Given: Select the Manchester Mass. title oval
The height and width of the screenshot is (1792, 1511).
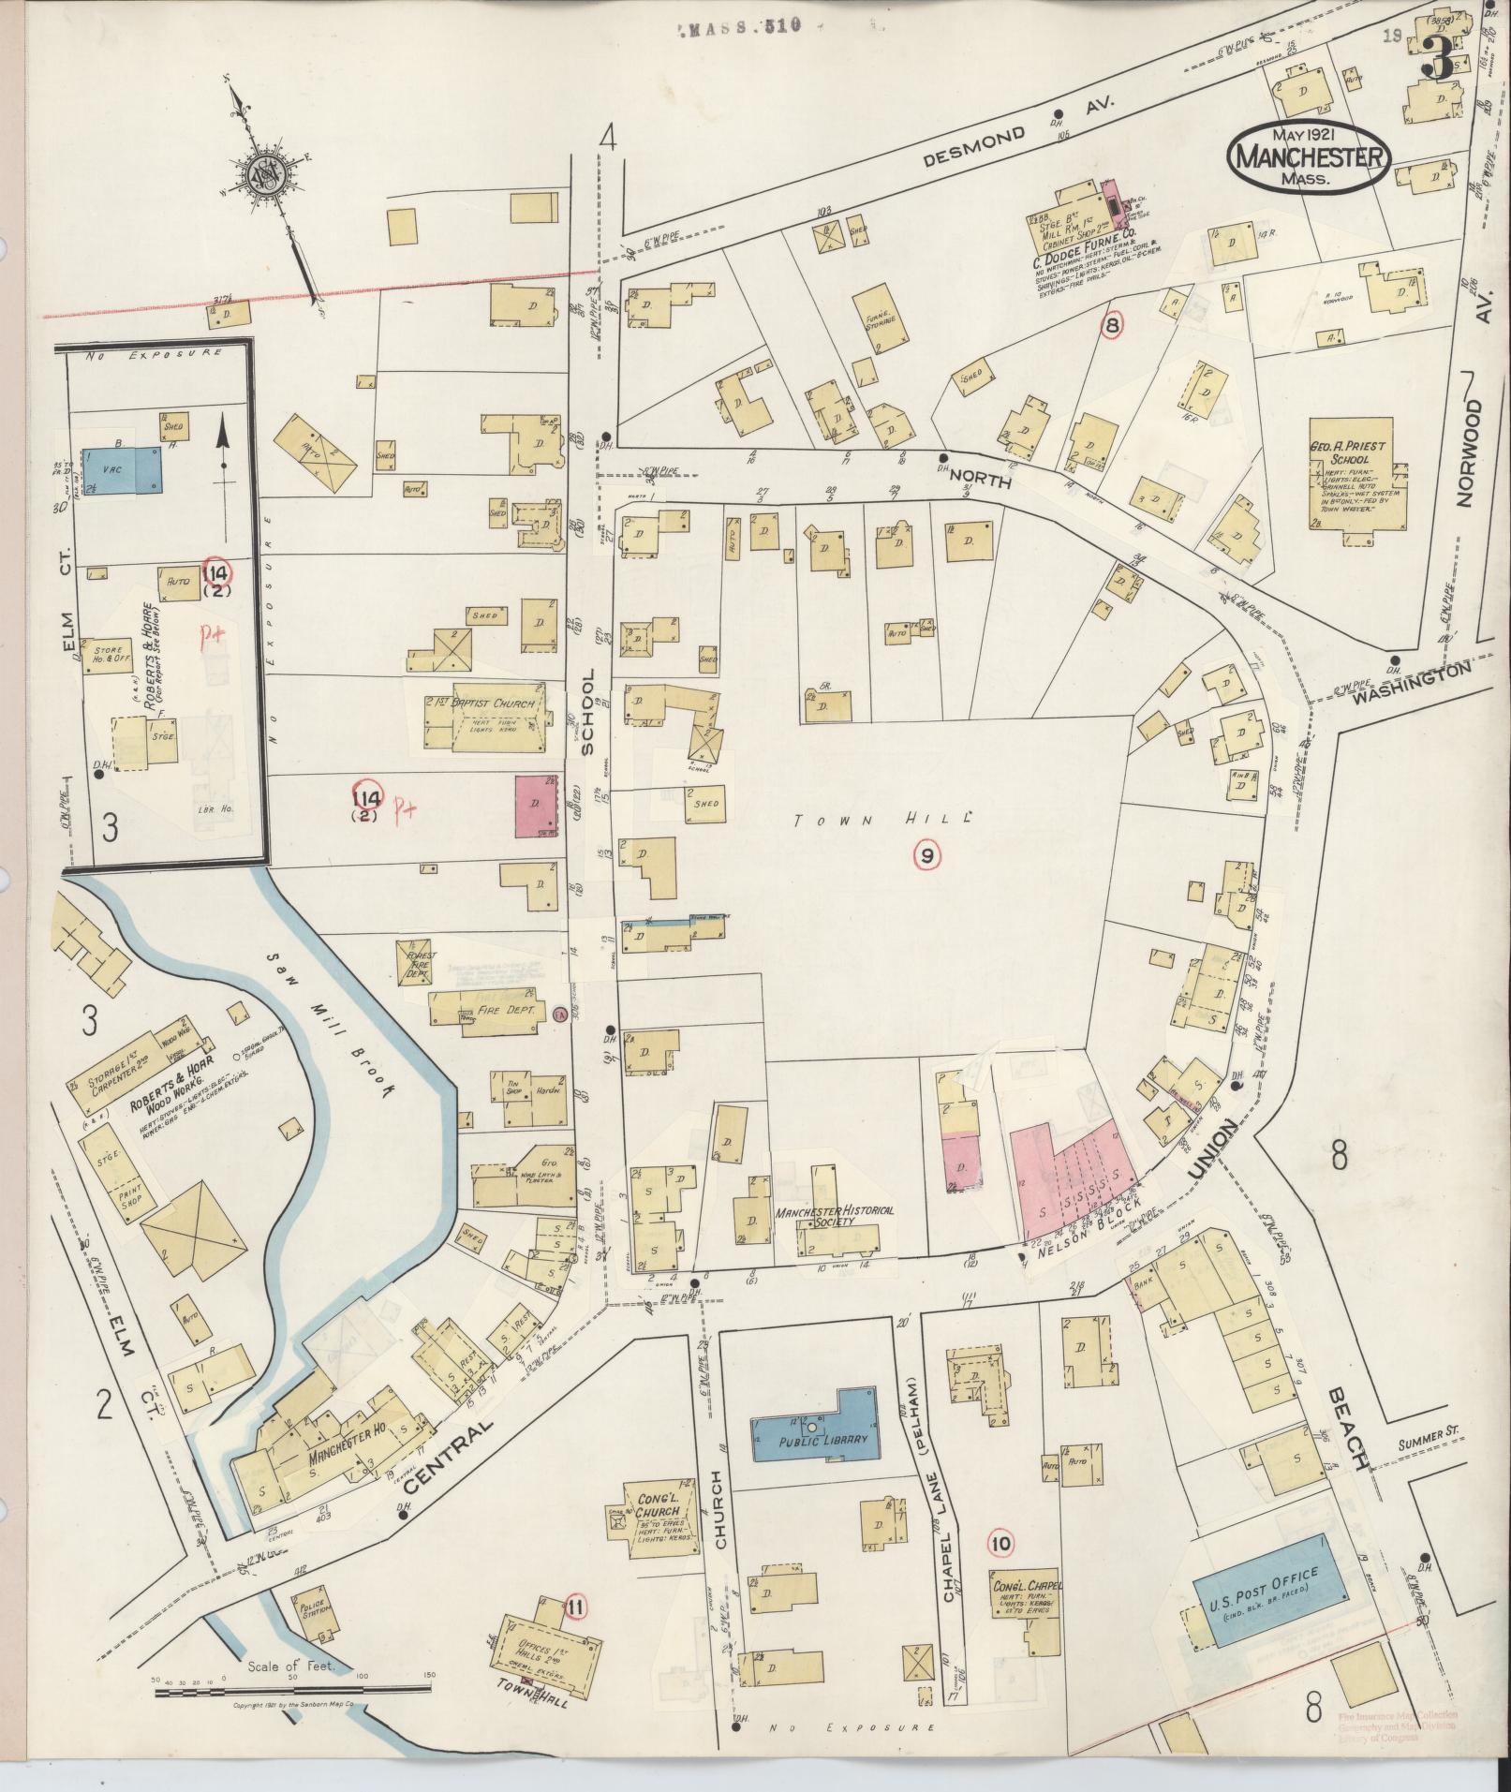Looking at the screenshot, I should pos(1309,156).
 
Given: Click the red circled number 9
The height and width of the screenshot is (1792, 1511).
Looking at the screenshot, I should pos(926,854).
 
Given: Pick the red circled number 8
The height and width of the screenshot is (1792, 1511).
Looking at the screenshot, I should pos(1112,325).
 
